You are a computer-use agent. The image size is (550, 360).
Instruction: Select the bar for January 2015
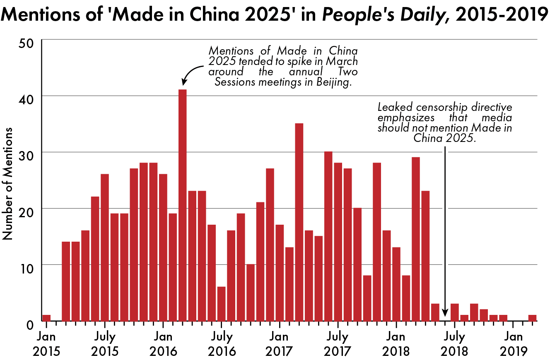coord(46,318)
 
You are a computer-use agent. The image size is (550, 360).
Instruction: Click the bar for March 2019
coord(532,318)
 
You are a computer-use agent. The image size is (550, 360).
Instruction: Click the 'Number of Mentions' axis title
coord(8,182)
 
